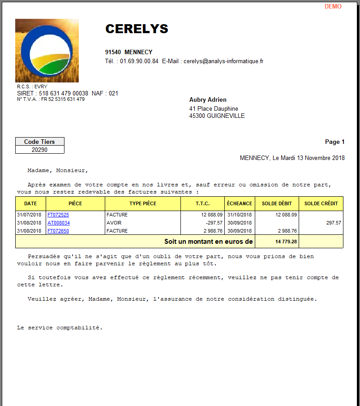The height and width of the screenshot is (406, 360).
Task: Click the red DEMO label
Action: pos(333,7)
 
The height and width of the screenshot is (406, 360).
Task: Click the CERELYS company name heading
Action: pos(137,29)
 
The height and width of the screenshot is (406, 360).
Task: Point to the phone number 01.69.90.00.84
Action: pos(139,61)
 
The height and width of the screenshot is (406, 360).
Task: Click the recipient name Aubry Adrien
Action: pos(208,100)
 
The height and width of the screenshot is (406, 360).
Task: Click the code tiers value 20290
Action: pos(40,150)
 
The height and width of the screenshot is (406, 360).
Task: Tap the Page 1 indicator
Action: pos(334,142)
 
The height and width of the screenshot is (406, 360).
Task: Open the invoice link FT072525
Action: pos(58,215)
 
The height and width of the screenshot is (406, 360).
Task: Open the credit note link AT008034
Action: pos(59,223)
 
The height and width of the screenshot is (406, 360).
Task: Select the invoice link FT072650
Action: pos(58,231)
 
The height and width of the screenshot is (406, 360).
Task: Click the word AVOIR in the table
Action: pos(114,223)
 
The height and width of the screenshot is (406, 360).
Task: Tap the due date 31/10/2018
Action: pos(240,215)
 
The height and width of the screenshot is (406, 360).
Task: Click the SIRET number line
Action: pos(67,94)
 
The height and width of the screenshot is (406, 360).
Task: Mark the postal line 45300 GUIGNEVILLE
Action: pos(217,116)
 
